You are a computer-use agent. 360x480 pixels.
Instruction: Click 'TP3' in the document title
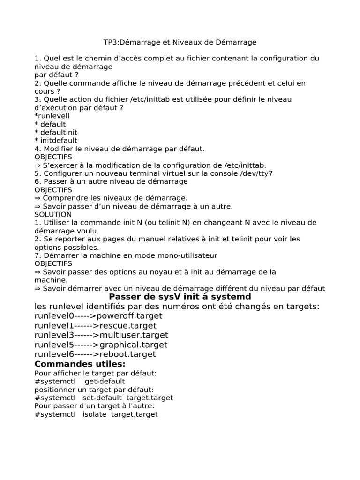tap(111, 43)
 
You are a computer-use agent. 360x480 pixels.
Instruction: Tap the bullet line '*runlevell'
tap(52, 116)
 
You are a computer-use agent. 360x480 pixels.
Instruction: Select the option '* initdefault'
tap(56, 140)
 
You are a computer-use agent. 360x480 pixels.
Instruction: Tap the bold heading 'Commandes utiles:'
tap(80, 364)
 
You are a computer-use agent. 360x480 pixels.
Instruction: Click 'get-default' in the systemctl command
tap(105, 382)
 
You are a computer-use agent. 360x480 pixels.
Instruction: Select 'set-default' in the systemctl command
tap(102, 398)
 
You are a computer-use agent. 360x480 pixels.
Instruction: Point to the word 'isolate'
tap(95, 414)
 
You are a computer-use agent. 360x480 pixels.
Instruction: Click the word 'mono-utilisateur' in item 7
tap(188, 255)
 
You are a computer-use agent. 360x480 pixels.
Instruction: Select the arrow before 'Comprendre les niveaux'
tap(38, 198)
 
